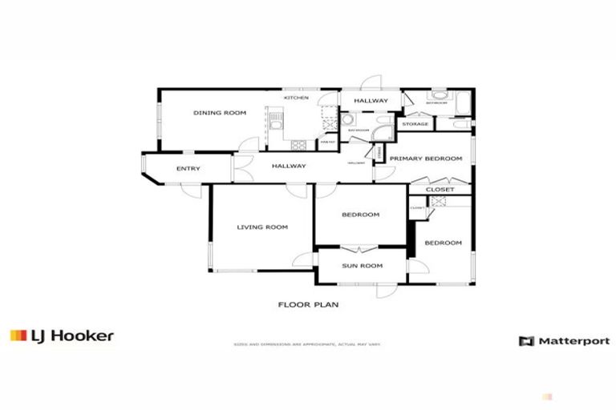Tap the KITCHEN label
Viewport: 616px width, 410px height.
pyautogui.click(x=295, y=98)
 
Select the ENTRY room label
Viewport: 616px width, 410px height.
pyautogui.click(x=188, y=168)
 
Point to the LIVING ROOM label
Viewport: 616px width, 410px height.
pyautogui.click(x=261, y=227)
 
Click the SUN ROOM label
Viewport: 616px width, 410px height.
pyautogui.click(x=362, y=266)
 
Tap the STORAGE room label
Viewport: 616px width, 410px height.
pyautogui.click(x=415, y=124)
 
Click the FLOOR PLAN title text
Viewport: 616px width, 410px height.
pyautogui.click(x=309, y=304)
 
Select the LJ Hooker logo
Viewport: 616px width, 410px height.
pyautogui.click(x=62, y=336)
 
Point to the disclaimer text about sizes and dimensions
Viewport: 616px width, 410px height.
pyautogui.click(x=308, y=345)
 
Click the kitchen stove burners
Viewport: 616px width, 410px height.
pyautogui.click(x=298, y=145)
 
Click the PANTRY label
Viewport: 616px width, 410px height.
pyautogui.click(x=326, y=143)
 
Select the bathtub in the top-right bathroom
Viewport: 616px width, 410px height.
pyautogui.click(x=464, y=102)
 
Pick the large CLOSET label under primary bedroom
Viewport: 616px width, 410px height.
pyautogui.click(x=440, y=190)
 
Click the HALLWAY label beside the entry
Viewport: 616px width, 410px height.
pyautogui.click(x=288, y=166)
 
